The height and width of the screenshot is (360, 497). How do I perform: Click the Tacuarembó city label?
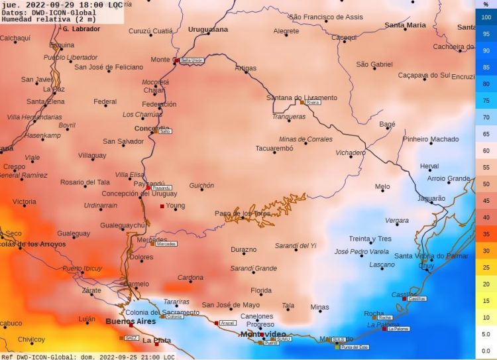pyautogui.click(x=274, y=148)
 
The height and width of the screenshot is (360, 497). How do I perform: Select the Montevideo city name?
pyautogui.click(x=262, y=334)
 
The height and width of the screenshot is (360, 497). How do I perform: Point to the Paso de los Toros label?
pyautogui.click(x=243, y=213)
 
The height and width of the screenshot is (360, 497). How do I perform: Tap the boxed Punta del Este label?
pyautogui.click(x=355, y=347)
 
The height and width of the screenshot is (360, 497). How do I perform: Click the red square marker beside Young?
pyautogui.click(x=162, y=206)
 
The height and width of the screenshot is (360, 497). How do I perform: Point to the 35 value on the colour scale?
pyautogui.click(x=486, y=234)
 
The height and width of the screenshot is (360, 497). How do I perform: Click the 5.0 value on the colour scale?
pyautogui.click(x=486, y=335)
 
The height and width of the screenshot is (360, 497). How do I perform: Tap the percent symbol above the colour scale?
pyautogui.click(x=486, y=4)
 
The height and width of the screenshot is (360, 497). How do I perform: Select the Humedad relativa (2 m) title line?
pyautogui.click(x=44, y=19)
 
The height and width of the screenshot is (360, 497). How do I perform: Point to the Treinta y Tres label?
pyautogui.click(x=370, y=239)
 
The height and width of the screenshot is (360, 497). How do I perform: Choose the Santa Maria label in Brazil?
pyautogui.click(x=405, y=25)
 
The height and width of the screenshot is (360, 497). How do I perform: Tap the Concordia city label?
pyautogui.click(x=152, y=129)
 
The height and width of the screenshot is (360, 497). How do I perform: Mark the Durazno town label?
pyautogui.click(x=243, y=250)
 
